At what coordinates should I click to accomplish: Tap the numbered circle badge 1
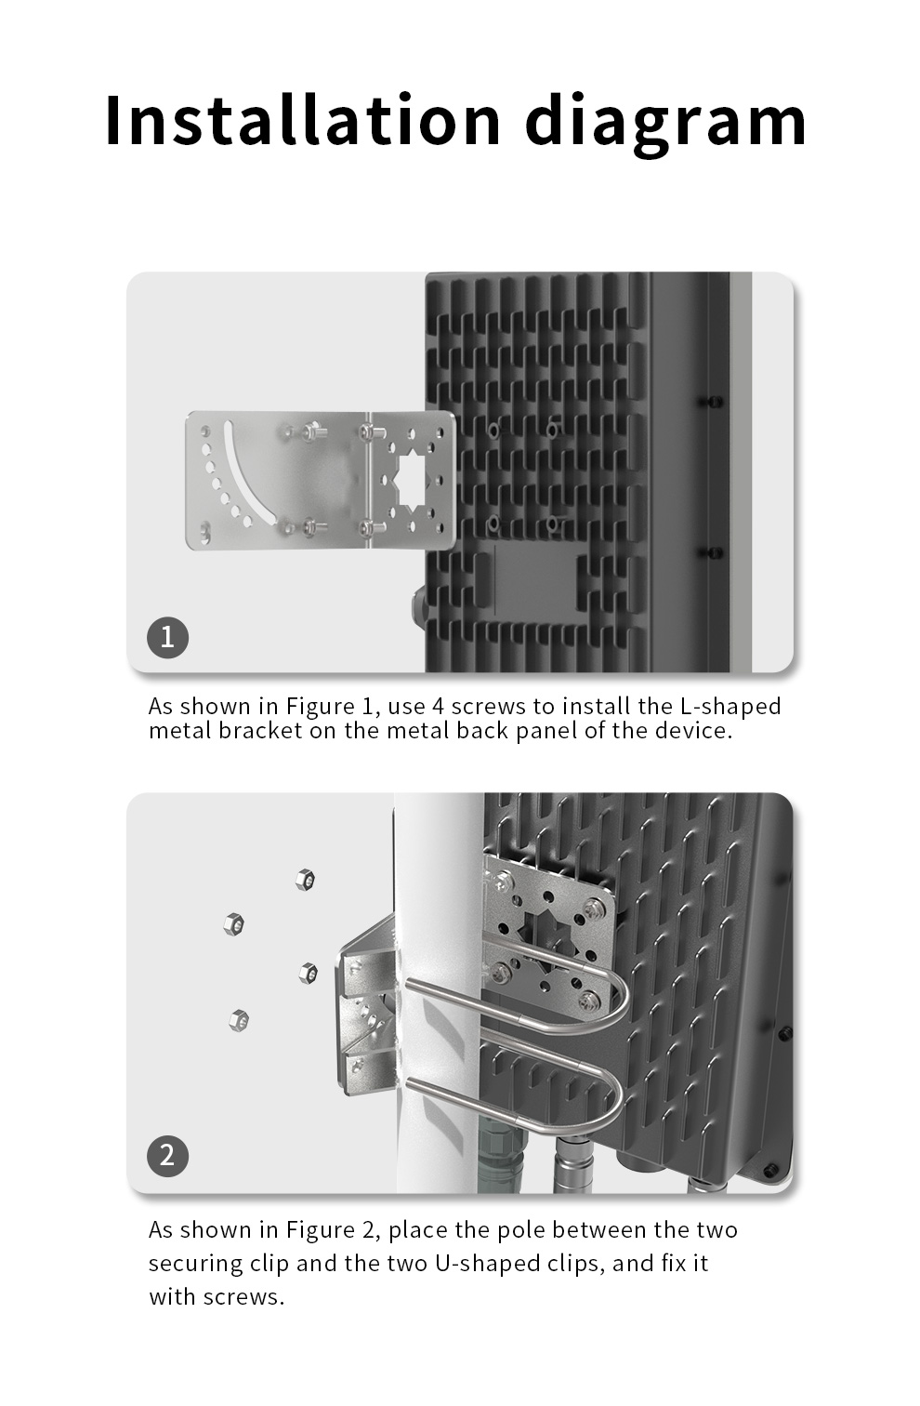pos(167,637)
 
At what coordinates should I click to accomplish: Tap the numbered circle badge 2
pos(167,1156)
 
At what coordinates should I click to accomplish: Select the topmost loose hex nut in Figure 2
pos(305,880)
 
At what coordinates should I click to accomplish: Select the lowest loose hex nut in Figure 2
pos(239,1021)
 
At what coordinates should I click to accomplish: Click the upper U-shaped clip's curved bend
pos(618,1001)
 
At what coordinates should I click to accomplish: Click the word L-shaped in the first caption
pos(730,707)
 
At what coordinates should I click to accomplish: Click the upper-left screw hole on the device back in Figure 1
pos(493,431)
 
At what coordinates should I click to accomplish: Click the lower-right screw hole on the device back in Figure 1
pos(552,523)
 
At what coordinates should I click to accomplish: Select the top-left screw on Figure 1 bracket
pos(311,431)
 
